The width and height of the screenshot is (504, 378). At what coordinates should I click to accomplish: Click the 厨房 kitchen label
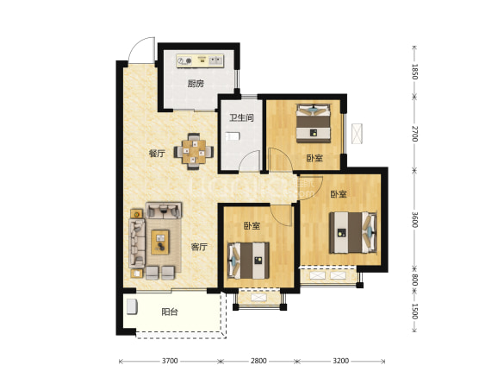click(x=196, y=84)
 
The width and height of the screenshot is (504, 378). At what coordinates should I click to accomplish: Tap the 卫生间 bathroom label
click(x=241, y=117)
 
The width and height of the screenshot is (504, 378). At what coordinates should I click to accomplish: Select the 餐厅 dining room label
click(x=157, y=154)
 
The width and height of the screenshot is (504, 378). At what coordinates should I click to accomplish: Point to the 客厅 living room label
click(x=199, y=247)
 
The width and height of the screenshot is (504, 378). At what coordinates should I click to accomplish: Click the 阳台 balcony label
click(x=170, y=312)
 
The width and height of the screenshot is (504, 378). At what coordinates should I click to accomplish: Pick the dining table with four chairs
click(x=194, y=151)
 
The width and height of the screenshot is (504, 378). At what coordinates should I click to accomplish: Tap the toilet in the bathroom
click(x=233, y=136)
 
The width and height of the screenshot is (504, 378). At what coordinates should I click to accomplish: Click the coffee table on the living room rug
click(x=160, y=243)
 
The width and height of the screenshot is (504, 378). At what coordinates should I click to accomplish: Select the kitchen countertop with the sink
click(x=200, y=60)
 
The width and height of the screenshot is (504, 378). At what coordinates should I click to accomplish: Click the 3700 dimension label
click(x=170, y=361)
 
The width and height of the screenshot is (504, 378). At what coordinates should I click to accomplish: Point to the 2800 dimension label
click(x=258, y=361)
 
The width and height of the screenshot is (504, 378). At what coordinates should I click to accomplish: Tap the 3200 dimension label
click(x=340, y=361)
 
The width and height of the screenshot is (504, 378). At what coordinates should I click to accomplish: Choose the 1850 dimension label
click(x=415, y=72)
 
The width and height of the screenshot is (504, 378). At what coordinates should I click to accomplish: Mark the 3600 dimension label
click(x=415, y=219)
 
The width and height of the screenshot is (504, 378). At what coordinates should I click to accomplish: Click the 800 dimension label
click(x=415, y=279)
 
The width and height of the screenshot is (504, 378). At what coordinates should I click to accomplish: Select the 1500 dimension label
click(x=415, y=312)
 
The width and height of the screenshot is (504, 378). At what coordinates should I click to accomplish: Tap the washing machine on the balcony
click(x=132, y=306)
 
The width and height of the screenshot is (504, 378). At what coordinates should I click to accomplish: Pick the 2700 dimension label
click(x=415, y=134)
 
